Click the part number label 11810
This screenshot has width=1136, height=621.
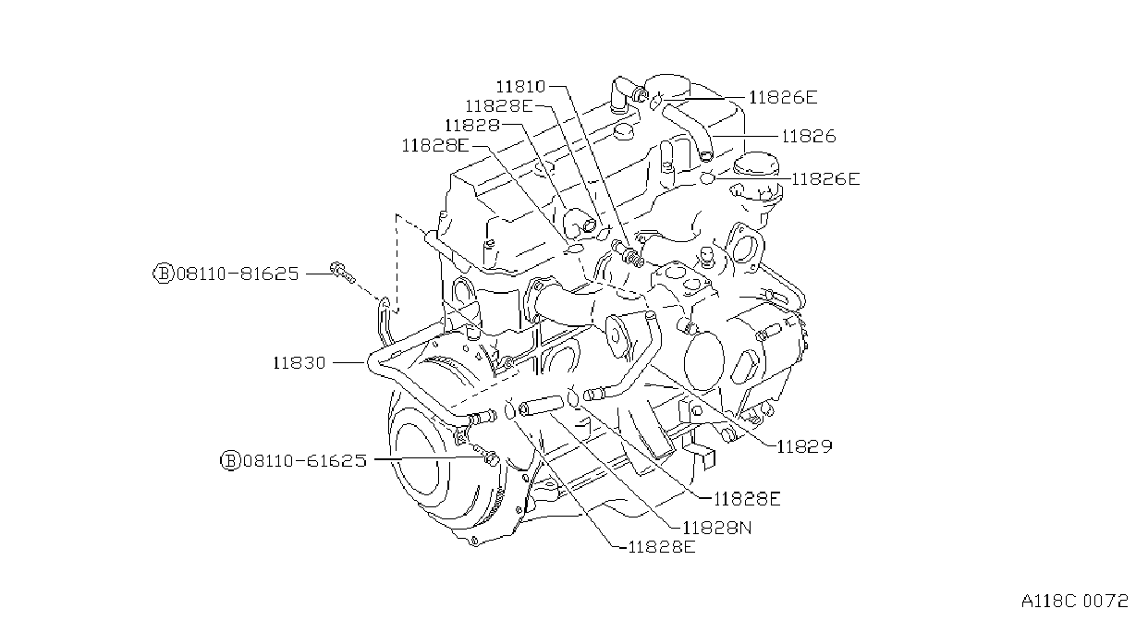pos(520,87)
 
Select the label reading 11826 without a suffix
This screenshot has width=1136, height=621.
pos(809,137)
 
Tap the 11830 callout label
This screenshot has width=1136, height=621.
pos(299,363)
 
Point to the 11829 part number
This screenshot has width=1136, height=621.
pos(805,446)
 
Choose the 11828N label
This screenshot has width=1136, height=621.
pos(716,529)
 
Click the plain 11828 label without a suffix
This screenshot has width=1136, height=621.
pos(472,125)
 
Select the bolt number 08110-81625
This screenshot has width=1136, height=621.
pos(238,274)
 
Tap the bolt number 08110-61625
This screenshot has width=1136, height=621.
pos(305,460)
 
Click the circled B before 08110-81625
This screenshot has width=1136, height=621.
pos(164,274)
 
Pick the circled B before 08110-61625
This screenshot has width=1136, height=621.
pos(230,460)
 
